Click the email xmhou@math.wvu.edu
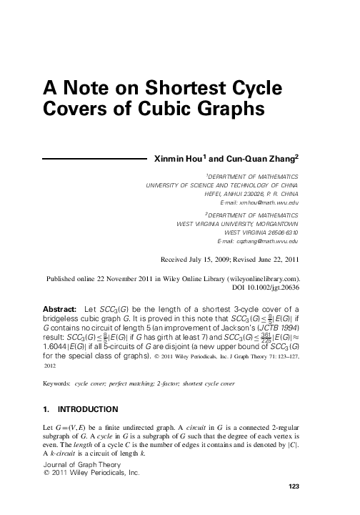click(x=273, y=204)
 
